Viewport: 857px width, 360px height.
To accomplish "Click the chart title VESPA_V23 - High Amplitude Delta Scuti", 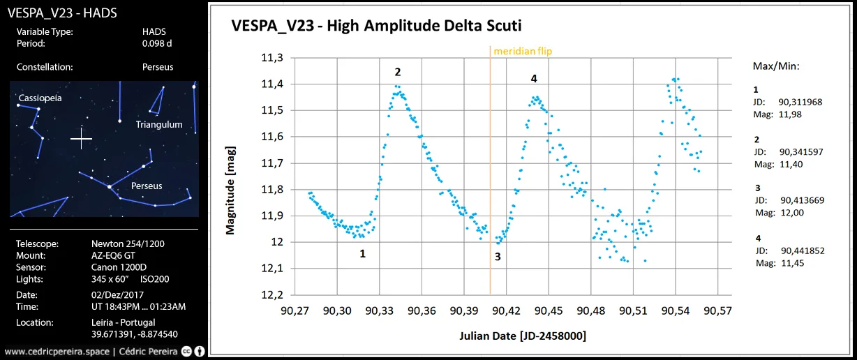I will click(376, 26).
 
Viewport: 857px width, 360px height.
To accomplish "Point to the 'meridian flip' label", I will click(523, 51).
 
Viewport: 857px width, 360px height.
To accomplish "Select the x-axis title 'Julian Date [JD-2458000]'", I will click(523, 336).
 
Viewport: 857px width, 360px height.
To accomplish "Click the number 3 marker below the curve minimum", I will click(498, 257).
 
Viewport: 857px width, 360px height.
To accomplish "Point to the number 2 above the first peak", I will click(398, 72).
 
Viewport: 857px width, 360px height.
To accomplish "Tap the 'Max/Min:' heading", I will click(776, 66).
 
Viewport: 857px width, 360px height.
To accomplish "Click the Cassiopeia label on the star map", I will click(40, 98).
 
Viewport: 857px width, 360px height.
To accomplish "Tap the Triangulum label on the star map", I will click(159, 124).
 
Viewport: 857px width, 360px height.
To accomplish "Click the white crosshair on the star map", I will click(81, 139).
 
